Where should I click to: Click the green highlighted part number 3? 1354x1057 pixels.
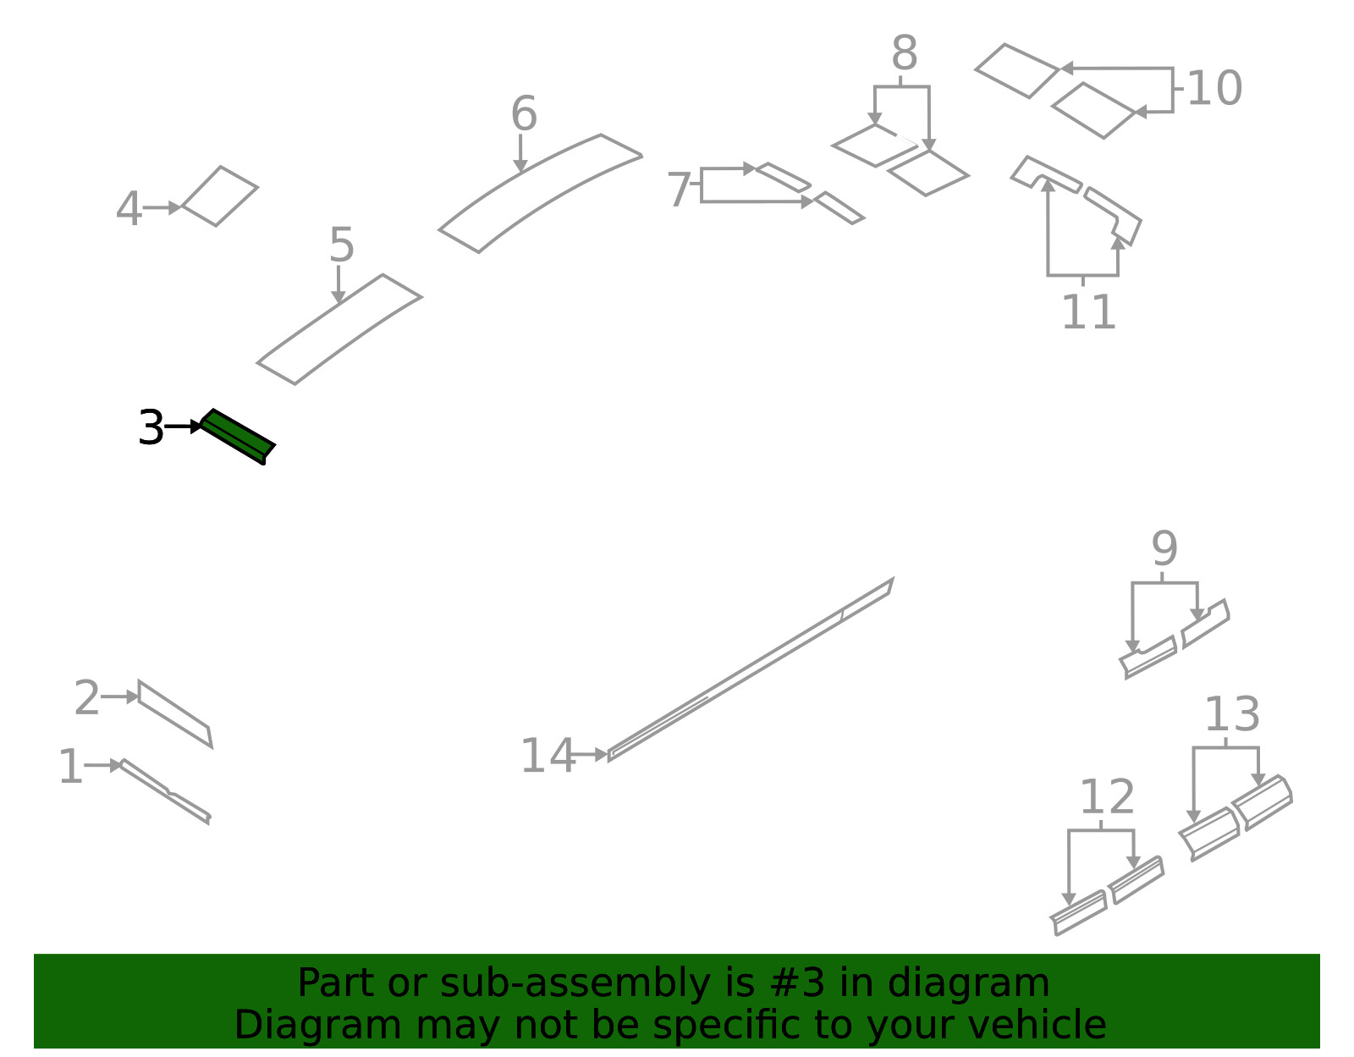point(238,437)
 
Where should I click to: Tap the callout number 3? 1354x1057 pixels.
point(151,428)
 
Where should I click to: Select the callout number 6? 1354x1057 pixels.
point(523,114)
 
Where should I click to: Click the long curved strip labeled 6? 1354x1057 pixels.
point(540,193)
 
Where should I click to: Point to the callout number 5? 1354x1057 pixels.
point(341,245)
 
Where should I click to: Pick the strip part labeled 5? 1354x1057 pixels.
point(339,329)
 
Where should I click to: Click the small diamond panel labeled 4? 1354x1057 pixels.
point(219,196)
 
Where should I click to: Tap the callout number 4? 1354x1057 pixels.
point(129,209)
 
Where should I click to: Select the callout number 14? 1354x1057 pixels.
point(548,757)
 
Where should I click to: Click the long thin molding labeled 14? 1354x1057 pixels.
point(751,669)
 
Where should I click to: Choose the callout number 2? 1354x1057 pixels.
point(86,697)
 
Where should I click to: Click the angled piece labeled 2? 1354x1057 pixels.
point(174,713)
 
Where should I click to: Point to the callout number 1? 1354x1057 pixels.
point(70,767)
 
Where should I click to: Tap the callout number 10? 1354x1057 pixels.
point(1214,89)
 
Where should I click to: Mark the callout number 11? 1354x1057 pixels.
point(1088,312)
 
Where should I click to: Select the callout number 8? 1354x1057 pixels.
point(904,53)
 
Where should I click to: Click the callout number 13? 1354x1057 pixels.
point(1232,714)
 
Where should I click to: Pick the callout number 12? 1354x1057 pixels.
point(1107,797)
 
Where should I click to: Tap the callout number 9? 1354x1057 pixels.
point(1164,548)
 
